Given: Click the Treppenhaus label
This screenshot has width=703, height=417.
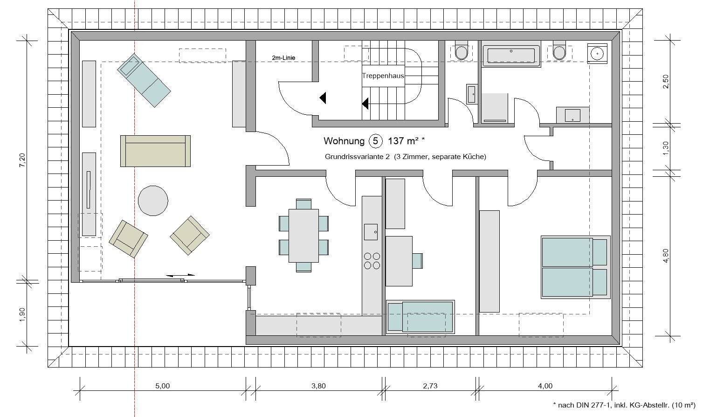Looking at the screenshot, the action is tap(383, 76).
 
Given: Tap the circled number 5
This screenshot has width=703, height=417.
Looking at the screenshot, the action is tap(376, 141).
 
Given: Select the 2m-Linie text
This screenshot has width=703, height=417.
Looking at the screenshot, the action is tap(283, 58).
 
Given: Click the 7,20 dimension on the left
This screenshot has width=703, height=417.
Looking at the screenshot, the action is tap(22, 160).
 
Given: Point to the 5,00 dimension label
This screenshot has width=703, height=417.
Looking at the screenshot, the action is tap(163, 386).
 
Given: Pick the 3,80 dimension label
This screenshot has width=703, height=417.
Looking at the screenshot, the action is tap(318, 386).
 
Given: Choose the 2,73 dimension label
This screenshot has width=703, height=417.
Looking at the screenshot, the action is tap(430, 386).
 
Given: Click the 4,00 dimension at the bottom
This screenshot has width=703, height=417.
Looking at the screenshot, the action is tap(545, 386).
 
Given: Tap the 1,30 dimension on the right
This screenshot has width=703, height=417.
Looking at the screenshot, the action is tap(666, 148).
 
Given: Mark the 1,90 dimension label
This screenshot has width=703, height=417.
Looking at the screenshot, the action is tap(22, 314).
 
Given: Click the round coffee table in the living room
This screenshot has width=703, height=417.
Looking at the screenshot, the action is tap(153, 201).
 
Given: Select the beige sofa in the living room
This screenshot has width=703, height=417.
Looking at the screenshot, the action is tap(155, 151).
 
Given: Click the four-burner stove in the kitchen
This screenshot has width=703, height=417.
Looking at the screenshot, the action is tap(372, 261).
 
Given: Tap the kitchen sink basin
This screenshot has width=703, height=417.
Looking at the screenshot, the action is tap(371, 232).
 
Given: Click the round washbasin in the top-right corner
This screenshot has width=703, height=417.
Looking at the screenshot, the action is tap(597, 53).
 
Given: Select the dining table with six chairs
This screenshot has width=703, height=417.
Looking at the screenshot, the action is tap(303, 236).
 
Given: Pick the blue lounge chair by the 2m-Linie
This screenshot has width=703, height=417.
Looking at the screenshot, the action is tap(144, 80).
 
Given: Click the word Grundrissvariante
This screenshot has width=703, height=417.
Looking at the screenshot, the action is tap(353, 157).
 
